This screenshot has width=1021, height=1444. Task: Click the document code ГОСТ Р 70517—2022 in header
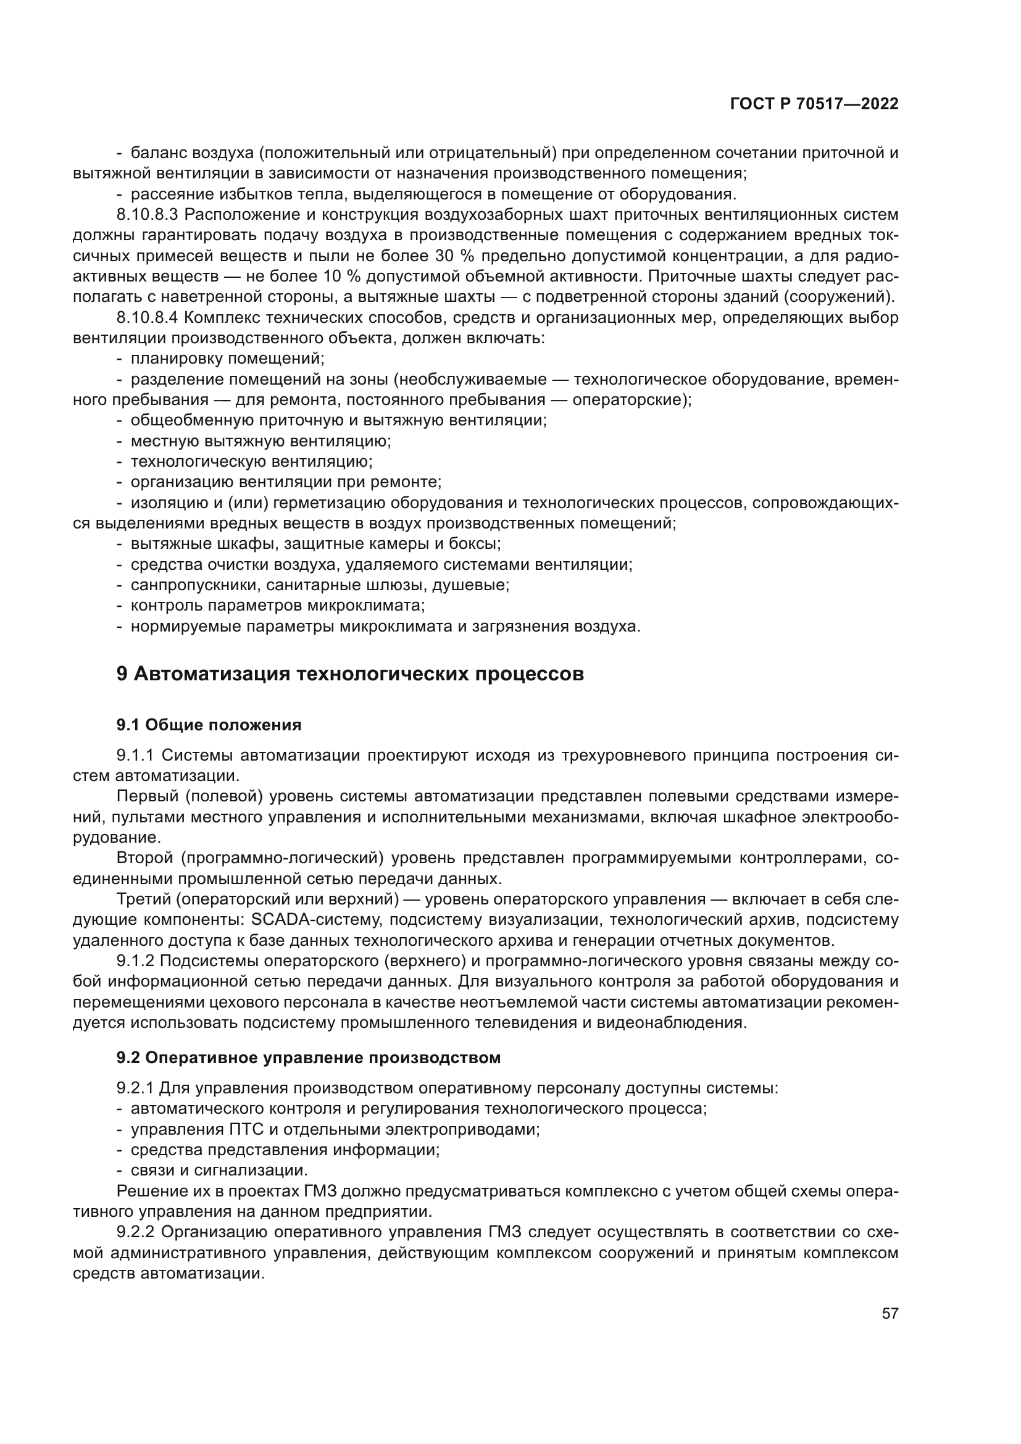814,104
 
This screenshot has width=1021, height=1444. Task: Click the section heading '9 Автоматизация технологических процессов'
350,674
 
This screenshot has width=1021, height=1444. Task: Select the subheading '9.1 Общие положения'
209,725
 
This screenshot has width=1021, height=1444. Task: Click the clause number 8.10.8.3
148,215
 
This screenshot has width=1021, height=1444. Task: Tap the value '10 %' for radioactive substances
343,277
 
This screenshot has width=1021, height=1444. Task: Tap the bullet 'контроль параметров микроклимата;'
277,606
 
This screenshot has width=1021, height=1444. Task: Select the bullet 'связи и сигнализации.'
219,1171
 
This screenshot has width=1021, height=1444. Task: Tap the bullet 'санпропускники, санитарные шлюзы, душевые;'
319,585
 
